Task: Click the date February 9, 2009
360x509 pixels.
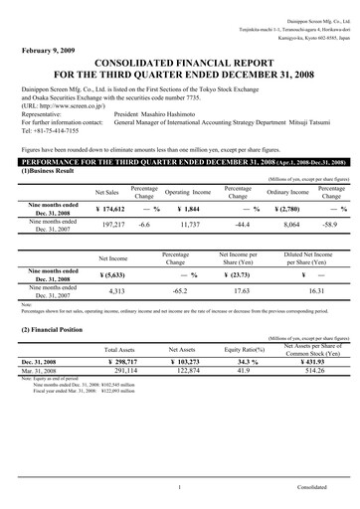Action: coord(47,49)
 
